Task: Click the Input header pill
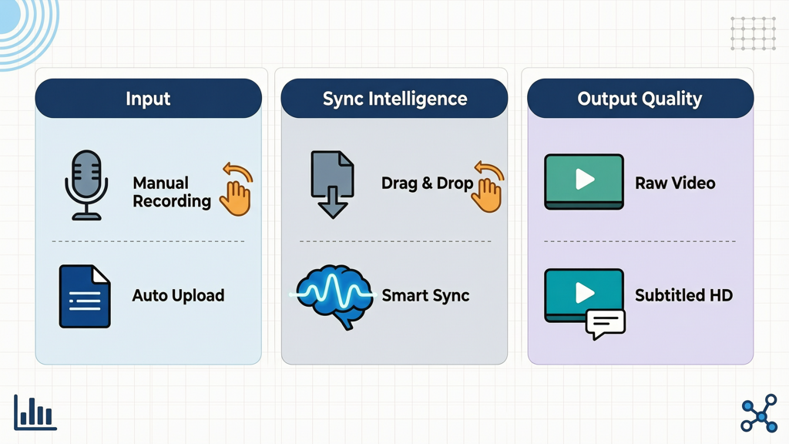pyautogui.click(x=149, y=98)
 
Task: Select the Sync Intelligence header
pyautogui.click(x=394, y=98)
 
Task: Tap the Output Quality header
pyautogui.click(x=640, y=98)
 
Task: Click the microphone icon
pyautogui.click(x=86, y=185)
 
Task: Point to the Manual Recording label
pyautogui.click(x=172, y=192)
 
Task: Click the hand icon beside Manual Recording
pyautogui.click(x=236, y=190)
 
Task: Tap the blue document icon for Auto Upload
pyautogui.click(x=85, y=297)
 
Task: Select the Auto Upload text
pyautogui.click(x=178, y=295)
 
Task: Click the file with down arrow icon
pyautogui.click(x=333, y=184)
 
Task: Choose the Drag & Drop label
pyautogui.click(x=427, y=183)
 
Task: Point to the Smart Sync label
pyautogui.click(x=425, y=295)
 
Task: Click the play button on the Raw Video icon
pyautogui.click(x=585, y=179)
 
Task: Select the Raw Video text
pyautogui.click(x=675, y=183)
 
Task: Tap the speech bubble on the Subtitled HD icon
pyautogui.click(x=606, y=324)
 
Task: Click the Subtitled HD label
pyautogui.click(x=683, y=295)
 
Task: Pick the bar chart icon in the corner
pyautogui.click(x=35, y=412)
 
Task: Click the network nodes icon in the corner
pyautogui.click(x=759, y=413)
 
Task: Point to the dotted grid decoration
pyautogui.click(x=754, y=33)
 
